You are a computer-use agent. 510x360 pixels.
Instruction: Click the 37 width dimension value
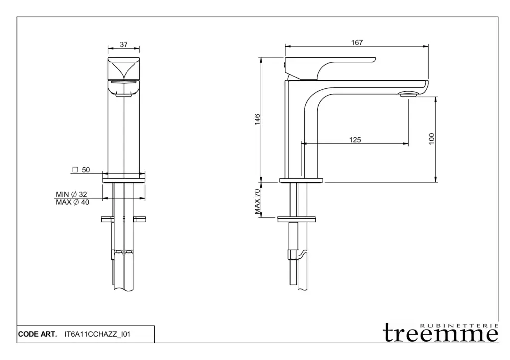(x=124, y=44)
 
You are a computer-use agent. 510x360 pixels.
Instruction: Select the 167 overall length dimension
(x=357, y=43)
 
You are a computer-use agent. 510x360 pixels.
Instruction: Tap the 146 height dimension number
(x=257, y=120)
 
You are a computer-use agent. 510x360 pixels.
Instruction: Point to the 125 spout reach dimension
(x=355, y=140)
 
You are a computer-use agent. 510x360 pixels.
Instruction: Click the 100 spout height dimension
(x=432, y=139)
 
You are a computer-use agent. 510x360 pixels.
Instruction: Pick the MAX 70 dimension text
(x=257, y=202)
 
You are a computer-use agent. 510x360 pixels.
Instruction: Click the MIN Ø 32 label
(x=72, y=194)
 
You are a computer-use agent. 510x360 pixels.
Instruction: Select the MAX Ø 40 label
(x=73, y=202)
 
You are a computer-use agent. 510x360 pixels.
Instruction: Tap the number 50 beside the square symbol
(x=86, y=170)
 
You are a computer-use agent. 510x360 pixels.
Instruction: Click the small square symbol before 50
(x=75, y=170)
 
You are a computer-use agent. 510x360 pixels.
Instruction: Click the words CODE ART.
(x=37, y=334)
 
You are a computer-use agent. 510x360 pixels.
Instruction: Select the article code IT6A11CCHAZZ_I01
(x=98, y=334)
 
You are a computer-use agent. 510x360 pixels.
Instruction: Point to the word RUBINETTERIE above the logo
(x=459, y=325)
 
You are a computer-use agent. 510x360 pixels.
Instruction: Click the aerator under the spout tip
(x=409, y=94)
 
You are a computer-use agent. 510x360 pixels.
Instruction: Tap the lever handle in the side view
(x=330, y=68)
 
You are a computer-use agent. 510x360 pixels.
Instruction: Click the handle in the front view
(x=124, y=68)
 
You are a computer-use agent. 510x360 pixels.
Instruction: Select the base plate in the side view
(x=301, y=180)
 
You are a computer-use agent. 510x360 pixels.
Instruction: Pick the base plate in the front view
(x=124, y=180)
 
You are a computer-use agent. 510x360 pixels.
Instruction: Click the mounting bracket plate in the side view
(x=297, y=219)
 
